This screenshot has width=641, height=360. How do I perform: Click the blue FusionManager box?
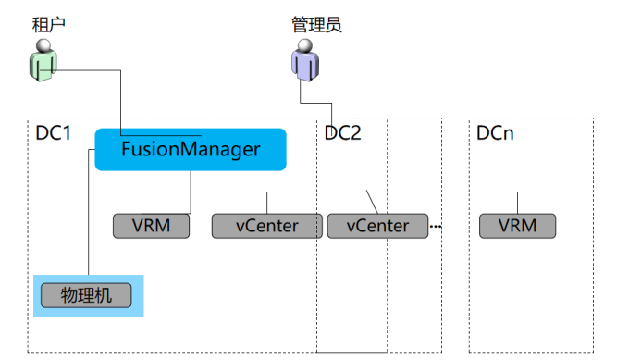191,149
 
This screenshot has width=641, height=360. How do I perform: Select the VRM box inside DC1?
152,226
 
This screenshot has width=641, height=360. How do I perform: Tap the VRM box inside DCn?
518,226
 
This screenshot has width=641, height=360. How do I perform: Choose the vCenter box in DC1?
267,226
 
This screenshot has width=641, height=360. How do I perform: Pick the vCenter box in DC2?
377,226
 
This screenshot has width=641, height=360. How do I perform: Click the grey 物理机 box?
86,295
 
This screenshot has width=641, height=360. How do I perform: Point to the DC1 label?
53,133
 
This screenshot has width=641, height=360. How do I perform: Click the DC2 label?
342,133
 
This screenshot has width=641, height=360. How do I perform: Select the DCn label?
495,133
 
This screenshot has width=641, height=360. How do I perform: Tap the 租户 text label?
49,25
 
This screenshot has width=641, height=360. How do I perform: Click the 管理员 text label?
316,25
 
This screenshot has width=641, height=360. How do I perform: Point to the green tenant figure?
43,60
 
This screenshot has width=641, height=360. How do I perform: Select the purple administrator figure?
305,60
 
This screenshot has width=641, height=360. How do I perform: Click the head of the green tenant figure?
43,45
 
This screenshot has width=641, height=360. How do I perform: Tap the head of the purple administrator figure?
305,45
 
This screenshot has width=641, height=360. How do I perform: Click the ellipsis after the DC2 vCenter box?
436,226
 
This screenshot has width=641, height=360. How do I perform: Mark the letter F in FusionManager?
127,148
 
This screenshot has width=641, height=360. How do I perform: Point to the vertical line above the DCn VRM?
518,203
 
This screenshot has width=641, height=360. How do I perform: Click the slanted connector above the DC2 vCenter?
372,202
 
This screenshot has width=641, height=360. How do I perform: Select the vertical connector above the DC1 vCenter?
267,203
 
